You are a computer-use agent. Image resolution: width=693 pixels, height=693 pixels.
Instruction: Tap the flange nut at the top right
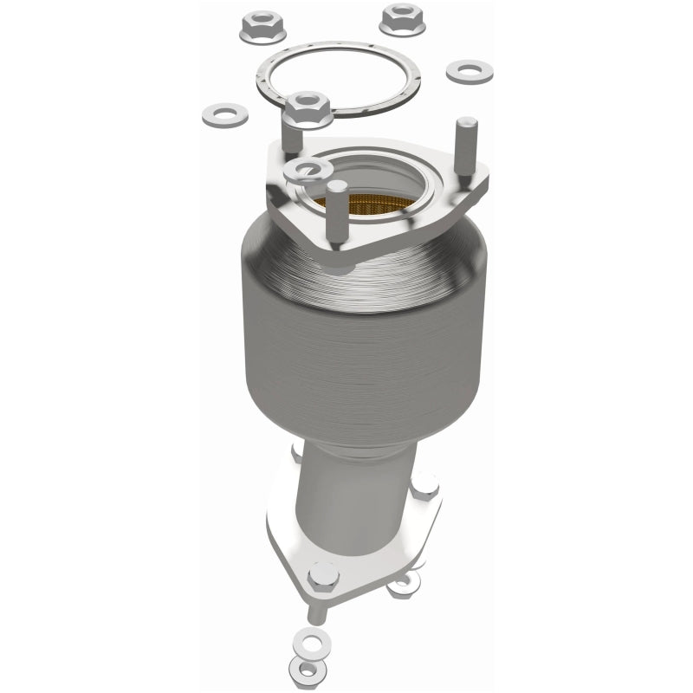[x=401, y=18]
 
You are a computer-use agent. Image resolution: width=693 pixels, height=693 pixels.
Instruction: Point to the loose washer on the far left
[x=224, y=113]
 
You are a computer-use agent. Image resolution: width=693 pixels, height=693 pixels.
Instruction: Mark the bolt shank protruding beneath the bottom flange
[x=318, y=608]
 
